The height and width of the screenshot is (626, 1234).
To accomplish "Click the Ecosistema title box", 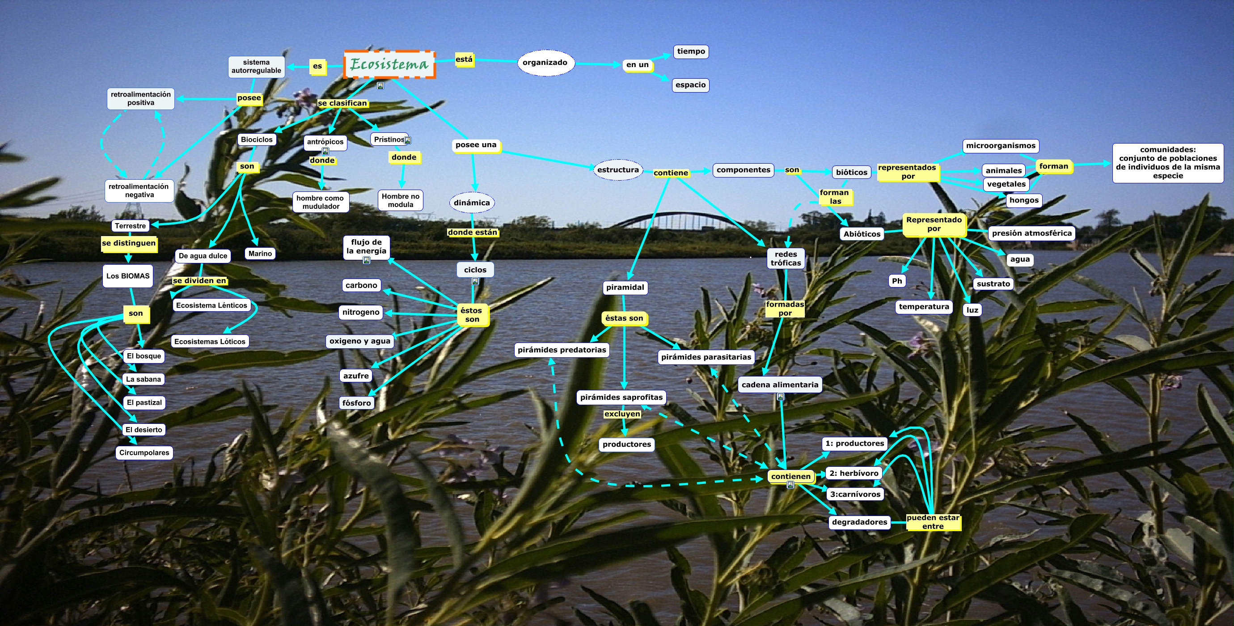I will coord(389,64).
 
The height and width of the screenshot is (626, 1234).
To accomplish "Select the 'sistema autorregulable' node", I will coord(256,67).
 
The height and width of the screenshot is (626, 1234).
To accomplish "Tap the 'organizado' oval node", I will coord(545,63).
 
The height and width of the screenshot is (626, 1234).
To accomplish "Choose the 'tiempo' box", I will coord(691,52).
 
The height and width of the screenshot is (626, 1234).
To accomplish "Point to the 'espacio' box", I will coord(690,85).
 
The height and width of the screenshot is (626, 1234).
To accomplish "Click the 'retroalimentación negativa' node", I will coord(139,190).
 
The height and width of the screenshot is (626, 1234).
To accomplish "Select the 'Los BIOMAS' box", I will coord(128,276).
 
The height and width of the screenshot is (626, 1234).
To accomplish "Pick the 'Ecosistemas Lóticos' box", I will coord(210,342).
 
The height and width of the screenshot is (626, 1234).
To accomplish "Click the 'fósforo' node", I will coord(356,403).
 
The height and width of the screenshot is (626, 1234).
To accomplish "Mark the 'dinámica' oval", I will coord(472,203).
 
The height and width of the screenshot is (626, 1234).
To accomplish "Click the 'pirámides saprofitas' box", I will coord(621,397).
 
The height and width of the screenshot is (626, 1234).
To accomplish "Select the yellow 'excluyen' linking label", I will coord(622,414).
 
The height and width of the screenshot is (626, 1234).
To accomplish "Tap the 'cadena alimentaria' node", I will coord(780,385).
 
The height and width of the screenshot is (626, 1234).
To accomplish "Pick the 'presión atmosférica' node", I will coord(1031,233).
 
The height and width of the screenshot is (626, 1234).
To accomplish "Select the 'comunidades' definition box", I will coord(1168,163).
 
